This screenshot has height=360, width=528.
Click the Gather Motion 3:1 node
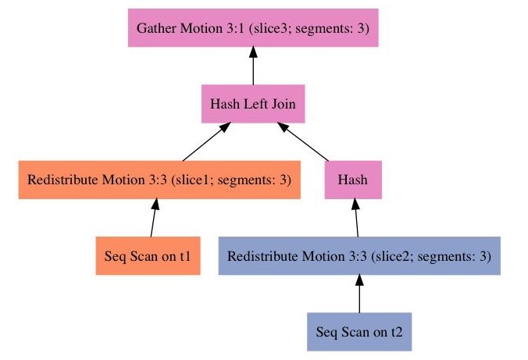tap(253, 28)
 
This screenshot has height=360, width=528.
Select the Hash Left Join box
tap(252, 103)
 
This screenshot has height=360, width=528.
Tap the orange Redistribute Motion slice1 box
tap(159, 180)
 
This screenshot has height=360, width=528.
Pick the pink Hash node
tap(352, 180)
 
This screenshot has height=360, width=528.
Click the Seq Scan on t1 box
tap(148, 256)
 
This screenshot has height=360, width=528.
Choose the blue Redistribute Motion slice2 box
tap(359, 256)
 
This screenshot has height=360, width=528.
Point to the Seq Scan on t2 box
tap(359, 331)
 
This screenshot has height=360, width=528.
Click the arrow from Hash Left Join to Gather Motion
tap(253, 66)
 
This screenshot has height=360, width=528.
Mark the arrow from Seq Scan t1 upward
tap(152, 219)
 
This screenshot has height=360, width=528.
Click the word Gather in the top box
tap(155, 29)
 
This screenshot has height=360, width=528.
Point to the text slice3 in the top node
tap(294, 29)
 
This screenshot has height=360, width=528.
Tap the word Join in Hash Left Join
tap(282, 103)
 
